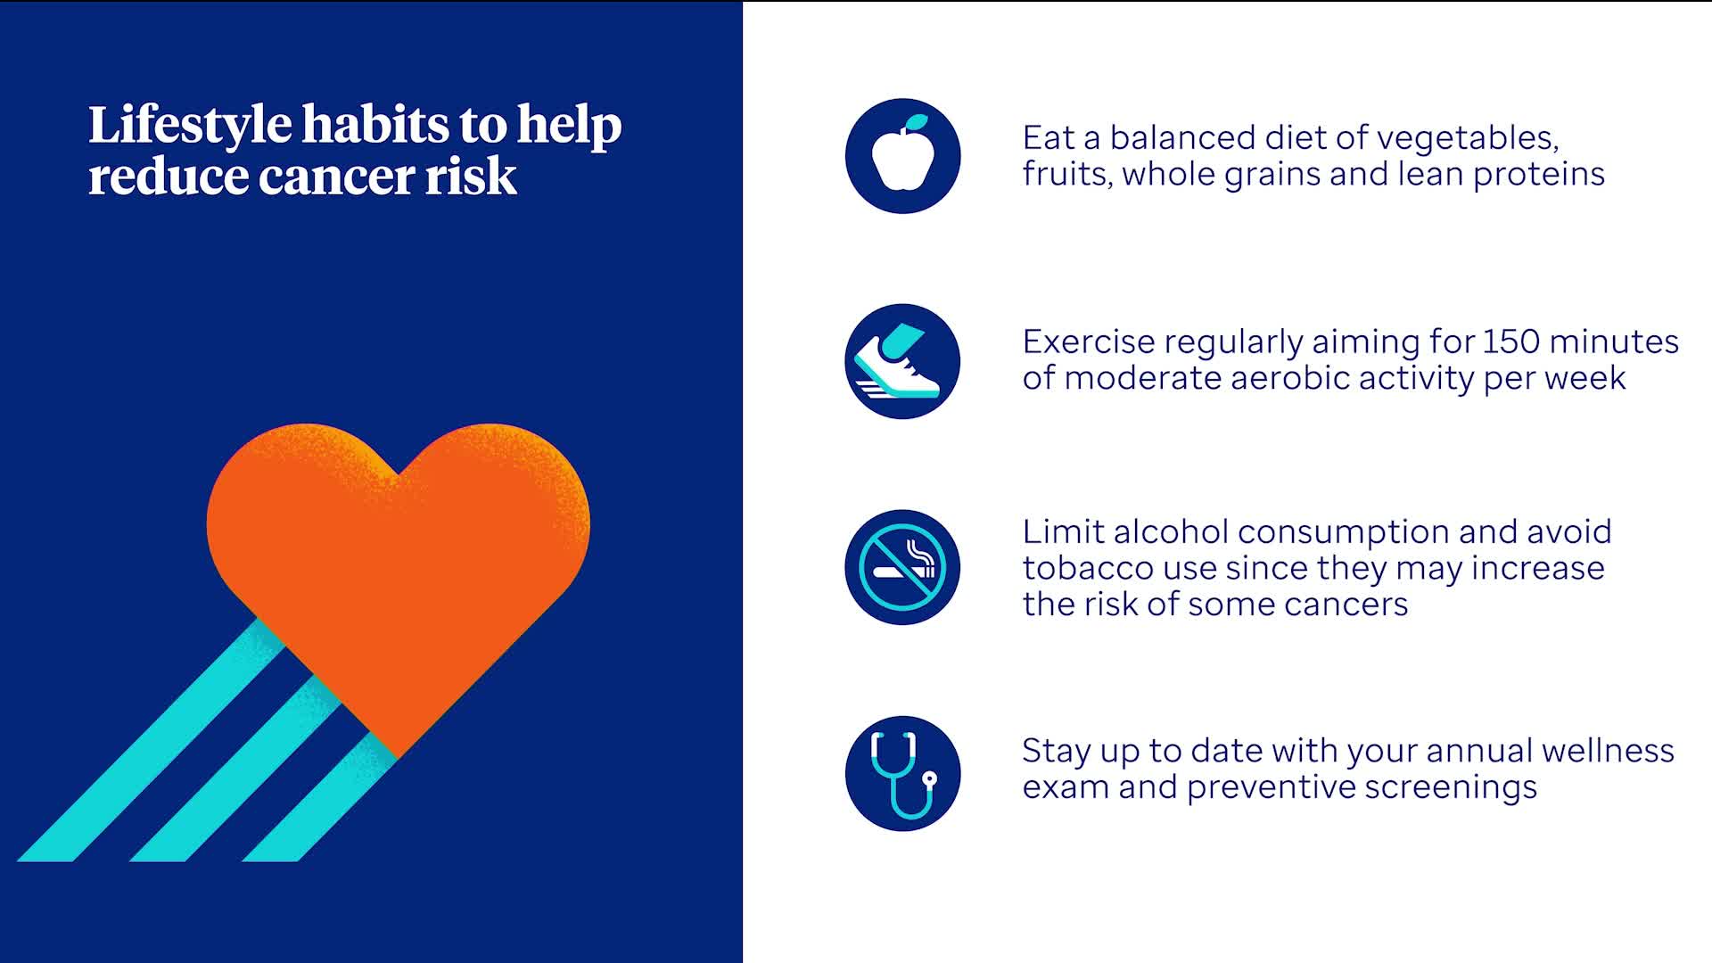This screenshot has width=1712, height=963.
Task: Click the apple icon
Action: point(902,156)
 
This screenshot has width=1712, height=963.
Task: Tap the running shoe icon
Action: point(902,361)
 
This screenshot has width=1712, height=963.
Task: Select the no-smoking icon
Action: point(902,567)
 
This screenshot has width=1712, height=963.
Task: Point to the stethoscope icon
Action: point(902,773)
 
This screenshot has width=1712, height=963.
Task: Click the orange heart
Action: point(398,571)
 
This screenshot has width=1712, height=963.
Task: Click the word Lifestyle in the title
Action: point(190,126)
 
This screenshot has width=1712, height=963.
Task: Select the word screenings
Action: point(1451,788)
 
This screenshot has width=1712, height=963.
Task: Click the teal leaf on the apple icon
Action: point(916,123)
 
